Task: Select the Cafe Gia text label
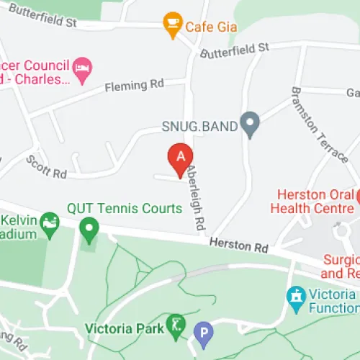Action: pyautogui.click(x=212, y=27)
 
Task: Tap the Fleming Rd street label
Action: pyautogui.click(x=135, y=85)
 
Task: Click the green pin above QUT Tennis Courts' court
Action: pyautogui.click(x=89, y=231)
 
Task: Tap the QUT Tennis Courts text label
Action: pyautogui.click(x=125, y=209)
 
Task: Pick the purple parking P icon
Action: pyautogui.click(x=204, y=333)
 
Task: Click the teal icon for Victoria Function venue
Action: pyautogui.click(x=295, y=295)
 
